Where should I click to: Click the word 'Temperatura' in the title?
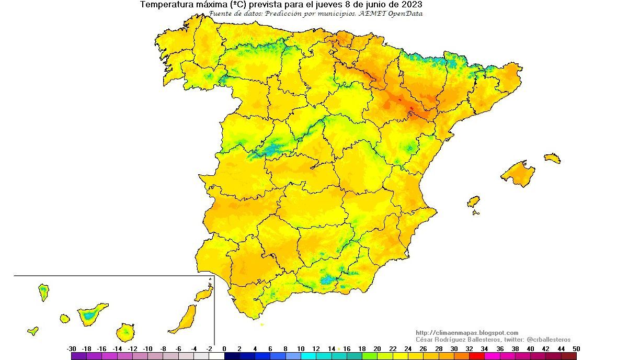click(167, 5)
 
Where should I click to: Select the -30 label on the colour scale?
click(72, 348)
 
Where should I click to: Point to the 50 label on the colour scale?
click(576, 348)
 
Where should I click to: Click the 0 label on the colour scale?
click(224, 348)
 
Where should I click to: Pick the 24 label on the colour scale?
click(408, 348)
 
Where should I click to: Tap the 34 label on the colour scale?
click(484, 348)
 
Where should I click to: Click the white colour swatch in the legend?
click(216, 356)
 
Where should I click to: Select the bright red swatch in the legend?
click(476, 356)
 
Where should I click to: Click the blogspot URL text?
click(467, 333)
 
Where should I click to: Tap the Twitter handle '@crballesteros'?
click(548, 340)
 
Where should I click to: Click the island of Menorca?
click(552, 157)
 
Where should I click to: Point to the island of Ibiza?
click(473, 201)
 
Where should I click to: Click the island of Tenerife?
click(92, 314)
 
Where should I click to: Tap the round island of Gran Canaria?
click(125, 331)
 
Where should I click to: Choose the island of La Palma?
click(43, 291)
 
